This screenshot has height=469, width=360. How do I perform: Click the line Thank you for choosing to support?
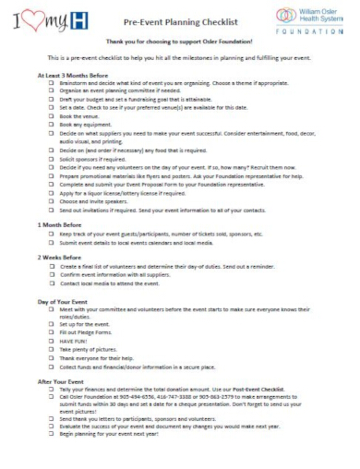[179, 42]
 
